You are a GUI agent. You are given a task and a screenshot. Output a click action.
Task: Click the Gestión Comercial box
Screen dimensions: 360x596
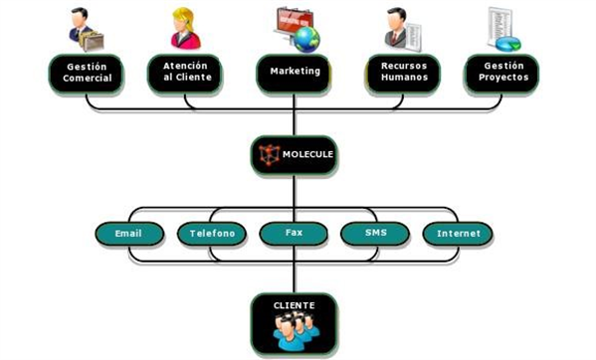pyautogui.click(x=87, y=72)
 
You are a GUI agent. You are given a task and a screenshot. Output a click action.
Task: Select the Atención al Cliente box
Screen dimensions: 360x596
pyautogui.click(x=187, y=72)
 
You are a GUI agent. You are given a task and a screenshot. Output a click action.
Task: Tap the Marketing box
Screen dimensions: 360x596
pyautogui.click(x=294, y=72)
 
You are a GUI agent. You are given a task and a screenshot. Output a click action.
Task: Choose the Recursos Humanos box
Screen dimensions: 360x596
pyautogui.click(x=401, y=72)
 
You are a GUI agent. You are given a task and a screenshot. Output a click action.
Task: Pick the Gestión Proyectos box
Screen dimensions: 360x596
pyautogui.click(x=502, y=72)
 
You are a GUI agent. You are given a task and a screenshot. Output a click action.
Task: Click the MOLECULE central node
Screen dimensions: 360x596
pyautogui.click(x=294, y=155)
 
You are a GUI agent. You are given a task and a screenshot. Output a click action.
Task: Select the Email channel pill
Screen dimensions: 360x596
pyautogui.click(x=128, y=234)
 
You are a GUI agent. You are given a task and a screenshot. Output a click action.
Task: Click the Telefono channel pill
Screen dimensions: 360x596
pyautogui.click(x=212, y=234)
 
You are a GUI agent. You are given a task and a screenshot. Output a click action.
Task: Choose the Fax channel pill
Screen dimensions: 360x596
pyautogui.click(x=294, y=234)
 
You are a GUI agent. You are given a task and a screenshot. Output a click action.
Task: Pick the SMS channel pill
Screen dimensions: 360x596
pyautogui.click(x=374, y=234)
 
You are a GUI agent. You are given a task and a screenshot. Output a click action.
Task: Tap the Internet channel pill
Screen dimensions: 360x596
pyautogui.click(x=458, y=234)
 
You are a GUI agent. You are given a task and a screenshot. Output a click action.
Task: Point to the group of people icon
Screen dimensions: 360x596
pyautogui.click(x=294, y=331)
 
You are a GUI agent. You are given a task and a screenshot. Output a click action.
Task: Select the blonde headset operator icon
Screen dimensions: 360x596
pyautogui.click(x=185, y=28)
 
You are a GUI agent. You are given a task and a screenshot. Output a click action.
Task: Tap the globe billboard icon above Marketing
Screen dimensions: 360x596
pyautogui.click(x=297, y=27)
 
